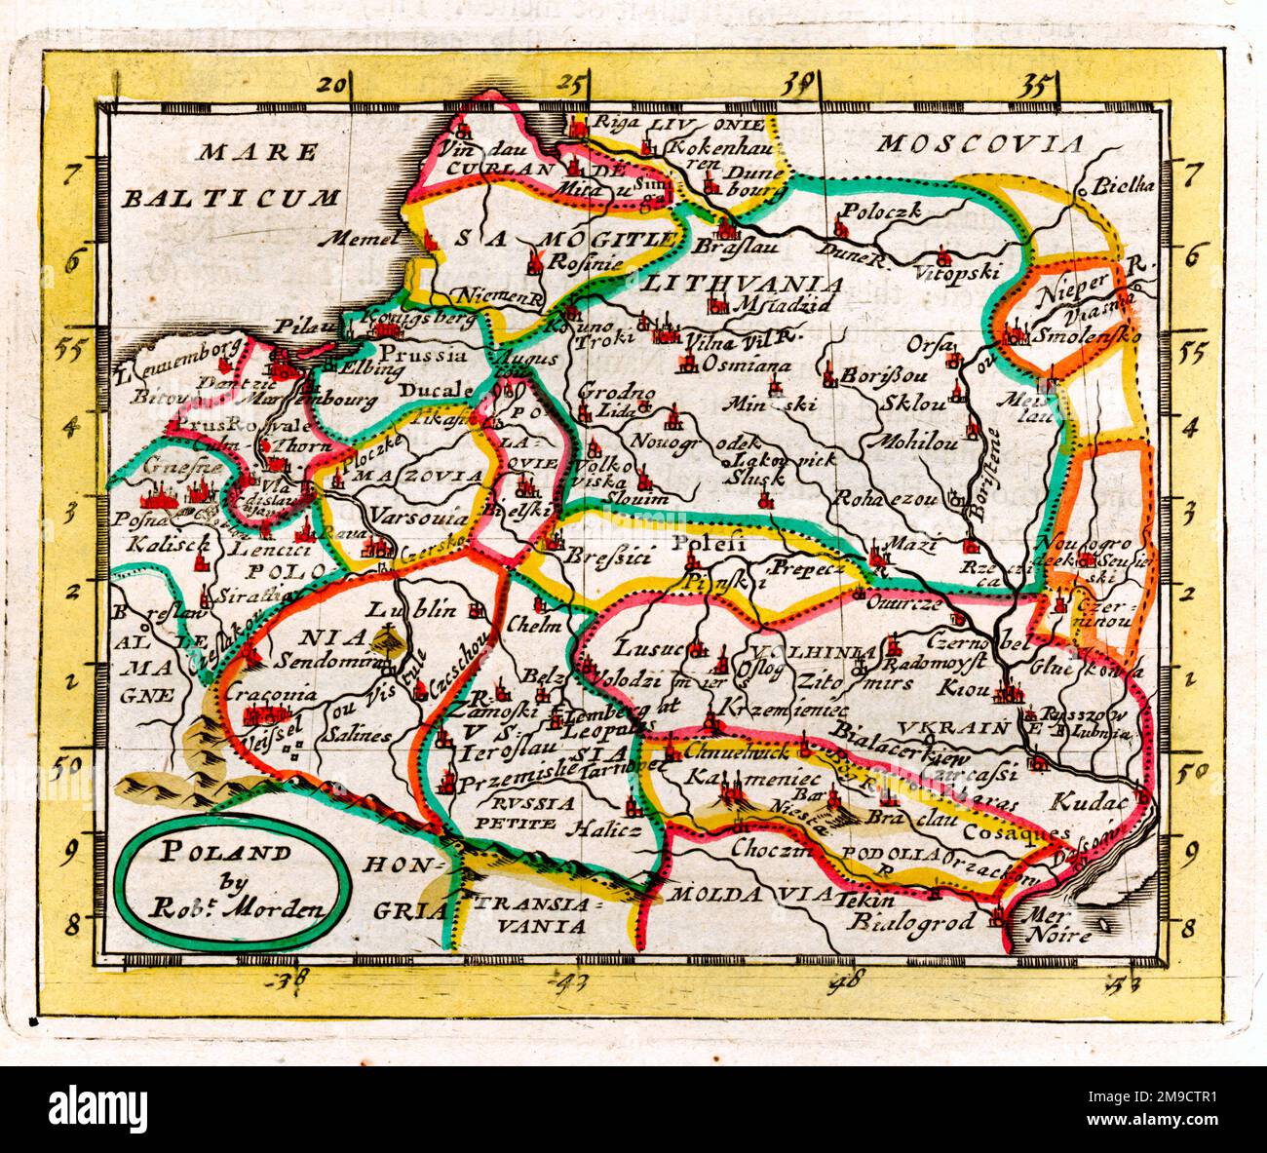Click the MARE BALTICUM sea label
pos(231,174)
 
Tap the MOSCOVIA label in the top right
pos(980,144)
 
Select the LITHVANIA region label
pos(743,284)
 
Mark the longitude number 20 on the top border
pos(332,85)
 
